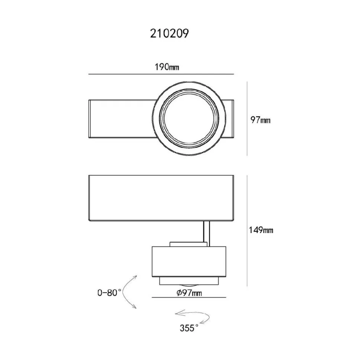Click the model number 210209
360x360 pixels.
(170, 33)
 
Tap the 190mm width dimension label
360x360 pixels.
(167, 67)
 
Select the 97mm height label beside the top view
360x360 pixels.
(261, 120)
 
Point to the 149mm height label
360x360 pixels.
(261, 230)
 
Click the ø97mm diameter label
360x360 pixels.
(189, 293)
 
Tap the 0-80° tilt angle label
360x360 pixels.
(109, 292)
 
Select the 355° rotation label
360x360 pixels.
(189, 328)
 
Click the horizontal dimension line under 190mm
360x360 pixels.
(161, 74)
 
